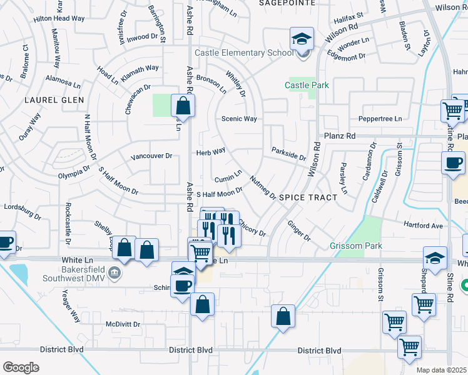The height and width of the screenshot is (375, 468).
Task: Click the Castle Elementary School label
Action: [243, 52]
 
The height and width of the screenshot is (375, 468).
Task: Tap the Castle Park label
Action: [307, 84]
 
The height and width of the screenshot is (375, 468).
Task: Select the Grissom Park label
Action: [356, 246]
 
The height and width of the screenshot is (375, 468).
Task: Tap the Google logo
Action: [21, 367]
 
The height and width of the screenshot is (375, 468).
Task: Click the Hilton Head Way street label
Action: [59, 19]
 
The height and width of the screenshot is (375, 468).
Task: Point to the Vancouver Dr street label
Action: [151, 156]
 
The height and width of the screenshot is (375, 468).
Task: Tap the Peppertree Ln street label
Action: [380, 119]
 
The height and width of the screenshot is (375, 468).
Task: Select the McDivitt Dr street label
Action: [123, 324]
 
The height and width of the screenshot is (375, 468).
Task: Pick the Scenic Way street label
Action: [239, 119]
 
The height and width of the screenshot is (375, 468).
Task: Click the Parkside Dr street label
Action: [288, 153]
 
